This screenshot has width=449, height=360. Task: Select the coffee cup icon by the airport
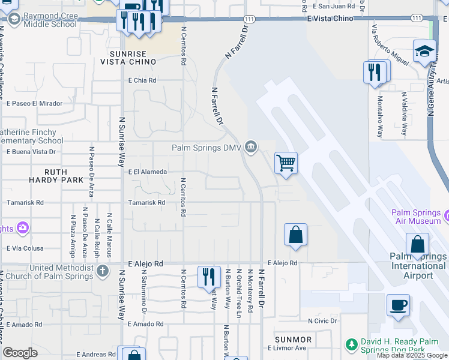coord(398,305)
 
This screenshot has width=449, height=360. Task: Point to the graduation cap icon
coord(424,51)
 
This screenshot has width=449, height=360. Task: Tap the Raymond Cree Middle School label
coord(50,19)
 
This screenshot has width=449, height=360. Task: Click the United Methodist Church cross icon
coord(103,270)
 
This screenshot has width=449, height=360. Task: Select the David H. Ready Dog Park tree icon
coord(352,344)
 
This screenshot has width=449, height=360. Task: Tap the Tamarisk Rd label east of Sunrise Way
coord(147,203)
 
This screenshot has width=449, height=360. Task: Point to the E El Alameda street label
coord(148,172)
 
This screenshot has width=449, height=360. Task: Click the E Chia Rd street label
coord(142,80)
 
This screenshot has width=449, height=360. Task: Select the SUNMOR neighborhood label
coord(293,340)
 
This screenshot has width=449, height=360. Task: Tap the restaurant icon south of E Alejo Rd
coord(208,277)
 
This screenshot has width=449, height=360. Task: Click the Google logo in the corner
coord(20,352)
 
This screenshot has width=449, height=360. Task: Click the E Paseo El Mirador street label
coord(35,103)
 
